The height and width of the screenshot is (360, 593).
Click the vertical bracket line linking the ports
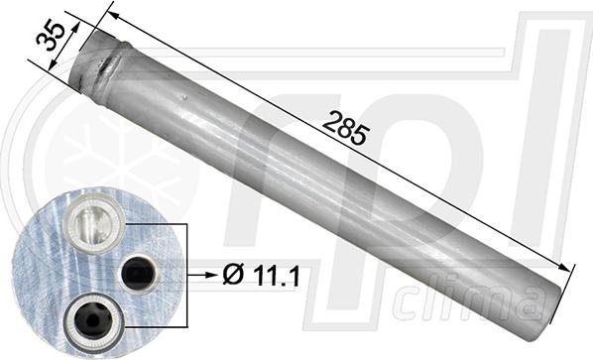(185, 271)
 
